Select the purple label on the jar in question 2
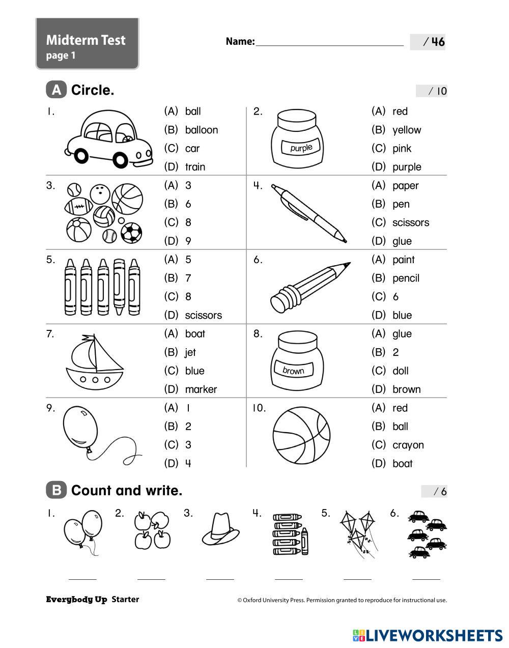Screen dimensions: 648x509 [x=301, y=148]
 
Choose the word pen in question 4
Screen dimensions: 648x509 [x=401, y=204]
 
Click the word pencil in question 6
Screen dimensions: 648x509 [x=406, y=278]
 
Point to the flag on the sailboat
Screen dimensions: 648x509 [x=89, y=337]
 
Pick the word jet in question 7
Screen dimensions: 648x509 [x=190, y=352]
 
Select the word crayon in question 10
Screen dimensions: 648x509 [x=408, y=445]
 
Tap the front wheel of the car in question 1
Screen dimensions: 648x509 [x=121, y=160]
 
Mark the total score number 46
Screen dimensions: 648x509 [x=438, y=42]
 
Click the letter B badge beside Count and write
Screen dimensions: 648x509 [x=56, y=490]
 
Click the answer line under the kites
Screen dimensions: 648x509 [x=357, y=579]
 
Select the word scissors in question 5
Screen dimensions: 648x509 [x=203, y=316]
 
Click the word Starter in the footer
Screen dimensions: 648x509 [x=125, y=600]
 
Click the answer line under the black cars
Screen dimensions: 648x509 [x=426, y=579]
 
